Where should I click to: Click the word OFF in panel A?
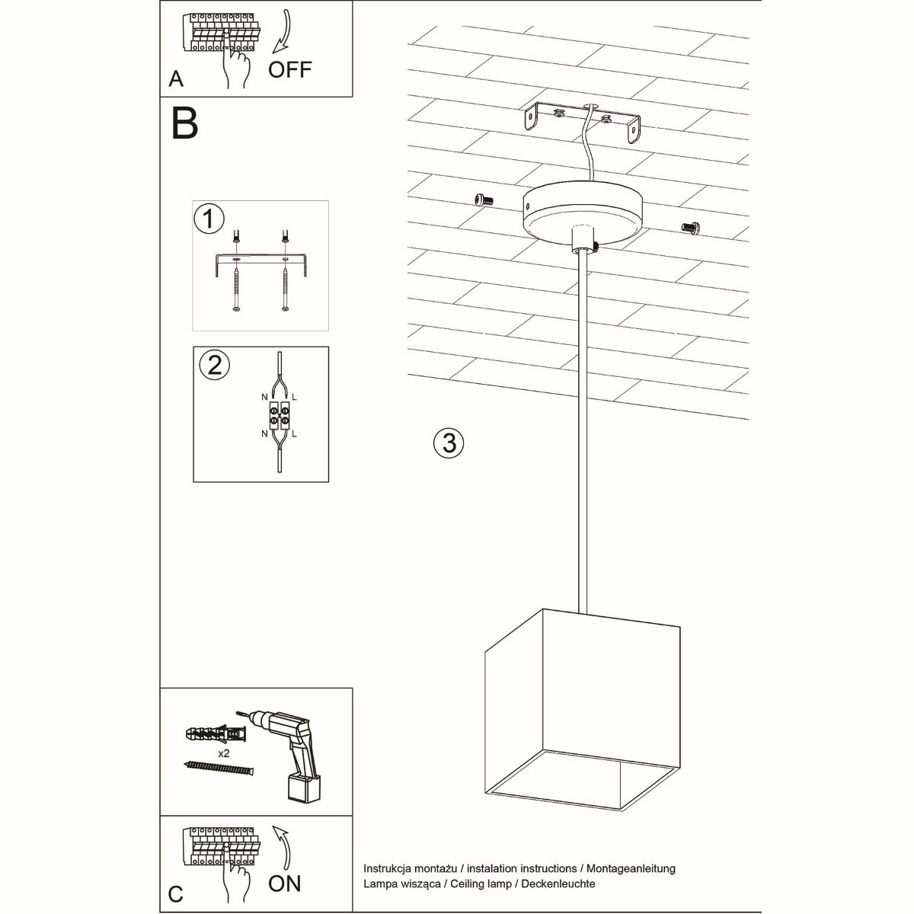tap(290, 69)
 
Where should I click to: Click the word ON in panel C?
tap(284, 883)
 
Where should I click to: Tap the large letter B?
tap(184, 123)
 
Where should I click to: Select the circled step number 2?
tap(214, 365)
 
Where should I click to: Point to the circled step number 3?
tap(449, 442)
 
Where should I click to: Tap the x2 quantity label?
tap(224, 753)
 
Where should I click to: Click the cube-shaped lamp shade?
tap(583, 708)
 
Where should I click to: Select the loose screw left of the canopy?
tap(483, 200)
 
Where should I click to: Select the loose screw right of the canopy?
tap(690, 226)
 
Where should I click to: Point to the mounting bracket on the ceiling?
tap(583, 121)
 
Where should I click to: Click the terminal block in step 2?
tap(279, 416)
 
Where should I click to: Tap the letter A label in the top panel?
tap(176, 79)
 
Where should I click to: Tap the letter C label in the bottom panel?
tap(176, 893)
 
